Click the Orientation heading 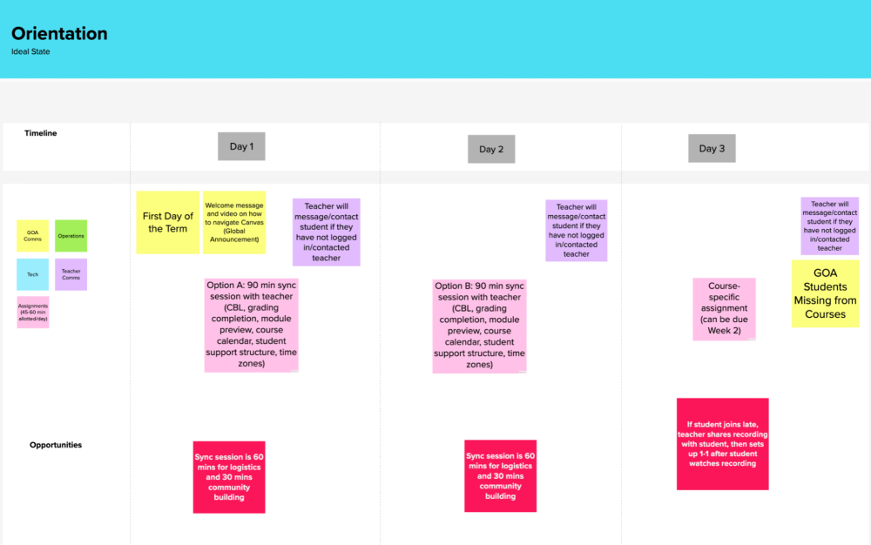click(59, 33)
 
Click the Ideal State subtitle click(30, 51)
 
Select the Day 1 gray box click(241, 146)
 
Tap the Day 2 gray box click(491, 149)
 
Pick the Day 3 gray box click(712, 148)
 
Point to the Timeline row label click(41, 133)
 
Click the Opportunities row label click(56, 445)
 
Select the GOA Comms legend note click(33, 236)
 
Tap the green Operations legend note click(71, 236)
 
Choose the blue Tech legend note click(33, 274)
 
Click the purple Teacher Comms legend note click(71, 274)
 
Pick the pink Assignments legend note click(33, 312)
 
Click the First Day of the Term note click(168, 223)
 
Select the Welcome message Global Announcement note click(234, 223)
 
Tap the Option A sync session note click(252, 326)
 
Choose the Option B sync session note click(479, 326)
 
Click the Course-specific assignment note click(725, 309)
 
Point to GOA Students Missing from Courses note click(826, 293)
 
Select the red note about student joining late click(723, 444)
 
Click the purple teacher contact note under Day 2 click(576, 231)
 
